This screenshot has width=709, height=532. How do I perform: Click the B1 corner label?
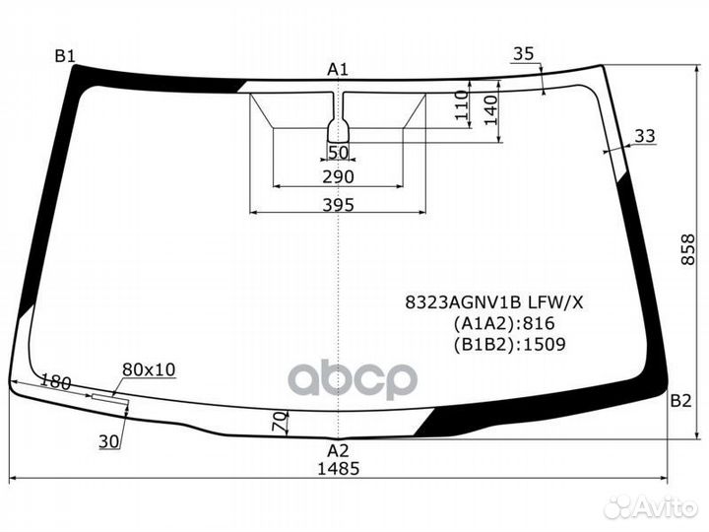click(65, 56)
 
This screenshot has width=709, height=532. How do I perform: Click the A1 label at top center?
click(338, 68)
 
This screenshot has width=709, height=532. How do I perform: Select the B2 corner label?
click(680, 401)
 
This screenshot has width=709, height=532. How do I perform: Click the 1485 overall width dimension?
click(339, 469)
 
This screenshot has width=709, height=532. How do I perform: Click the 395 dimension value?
click(338, 205)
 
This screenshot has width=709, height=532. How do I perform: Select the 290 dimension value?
click(338, 177)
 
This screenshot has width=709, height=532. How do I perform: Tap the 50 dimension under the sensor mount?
click(338, 152)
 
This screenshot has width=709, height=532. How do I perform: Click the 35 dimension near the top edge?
click(524, 54)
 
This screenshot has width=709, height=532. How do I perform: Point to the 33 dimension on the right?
click(645, 136)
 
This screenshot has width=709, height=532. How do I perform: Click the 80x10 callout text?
click(149, 369)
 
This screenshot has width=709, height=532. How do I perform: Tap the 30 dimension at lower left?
click(108, 442)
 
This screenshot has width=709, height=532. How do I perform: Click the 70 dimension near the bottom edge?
click(280, 423)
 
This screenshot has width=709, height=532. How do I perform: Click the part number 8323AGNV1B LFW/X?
click(495, 301)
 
